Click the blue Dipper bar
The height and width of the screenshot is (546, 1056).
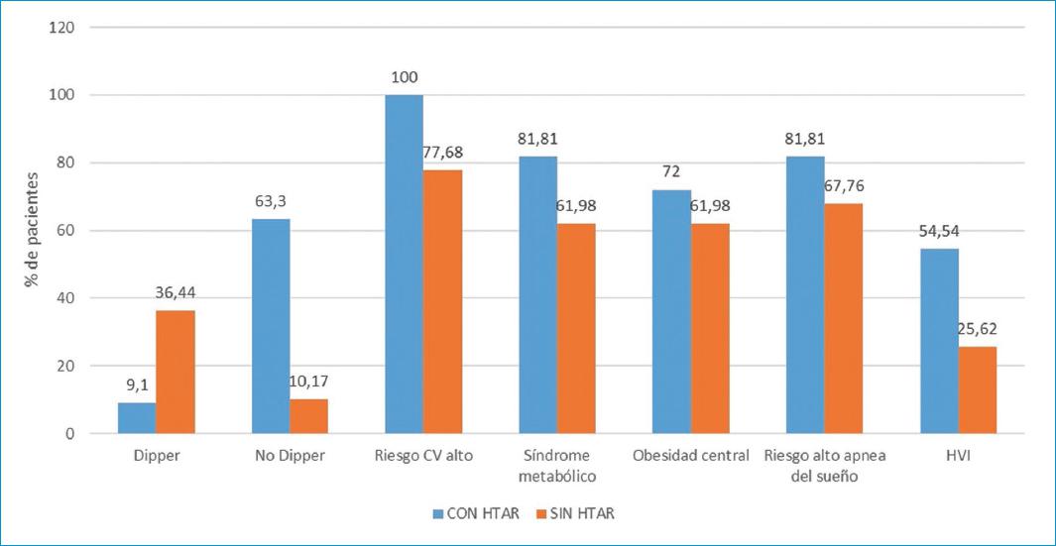(x=137, y=417)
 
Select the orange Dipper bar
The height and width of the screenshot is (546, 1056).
(x=176, y=372)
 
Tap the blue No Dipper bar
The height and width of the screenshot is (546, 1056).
(x=271, y=326)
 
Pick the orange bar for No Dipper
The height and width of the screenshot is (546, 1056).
(x=308, y=416)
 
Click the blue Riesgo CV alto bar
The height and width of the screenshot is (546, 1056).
(x=404, y=264)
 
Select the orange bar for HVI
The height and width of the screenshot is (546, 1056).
(x=977, y=389)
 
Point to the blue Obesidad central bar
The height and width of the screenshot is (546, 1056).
(x=671, y=311)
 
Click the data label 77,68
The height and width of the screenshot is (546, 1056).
(x=442, y=153)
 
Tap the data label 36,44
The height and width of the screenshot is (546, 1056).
(x=176, y=292)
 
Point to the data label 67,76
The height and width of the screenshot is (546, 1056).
(x=843, y=187)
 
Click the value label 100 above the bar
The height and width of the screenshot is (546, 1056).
(x=404, y=77)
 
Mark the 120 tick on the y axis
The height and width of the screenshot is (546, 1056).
(x=61, y=27)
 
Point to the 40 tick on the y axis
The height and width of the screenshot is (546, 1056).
(x=65, y=298)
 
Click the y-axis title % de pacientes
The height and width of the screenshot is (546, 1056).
(x=33, y=231)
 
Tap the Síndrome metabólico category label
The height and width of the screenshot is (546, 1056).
(x=556, y=467)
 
